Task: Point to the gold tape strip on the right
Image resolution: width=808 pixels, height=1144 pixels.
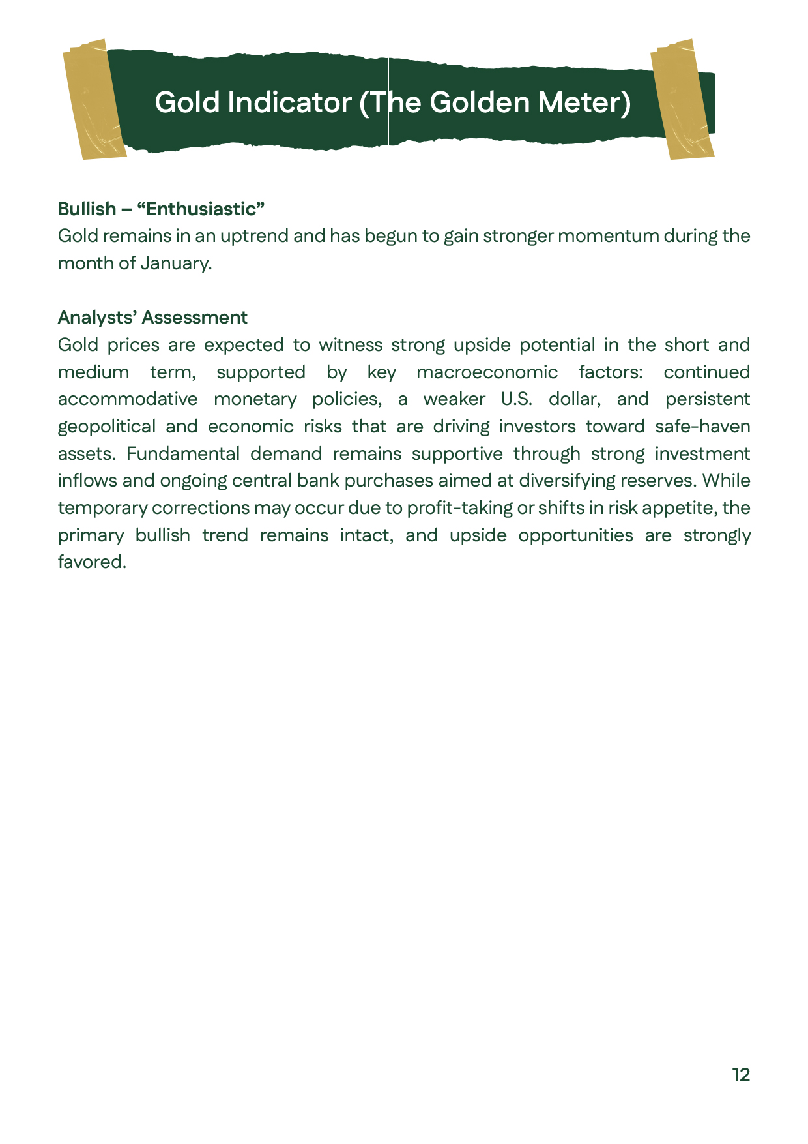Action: click(683, 99)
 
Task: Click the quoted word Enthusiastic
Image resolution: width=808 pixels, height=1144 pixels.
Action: click(201, 209)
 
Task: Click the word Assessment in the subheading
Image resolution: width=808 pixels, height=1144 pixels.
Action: click(195, 318)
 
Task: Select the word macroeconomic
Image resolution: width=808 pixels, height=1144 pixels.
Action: click(487, 372)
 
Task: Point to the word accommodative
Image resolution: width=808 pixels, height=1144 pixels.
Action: click(128, 399)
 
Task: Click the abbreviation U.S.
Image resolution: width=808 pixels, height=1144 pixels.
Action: click(516, 399)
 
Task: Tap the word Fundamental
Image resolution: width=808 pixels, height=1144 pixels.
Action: click(183, 454)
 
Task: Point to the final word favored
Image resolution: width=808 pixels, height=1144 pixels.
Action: click(92, 562)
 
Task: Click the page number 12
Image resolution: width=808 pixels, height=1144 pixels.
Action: click(741, 1075)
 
